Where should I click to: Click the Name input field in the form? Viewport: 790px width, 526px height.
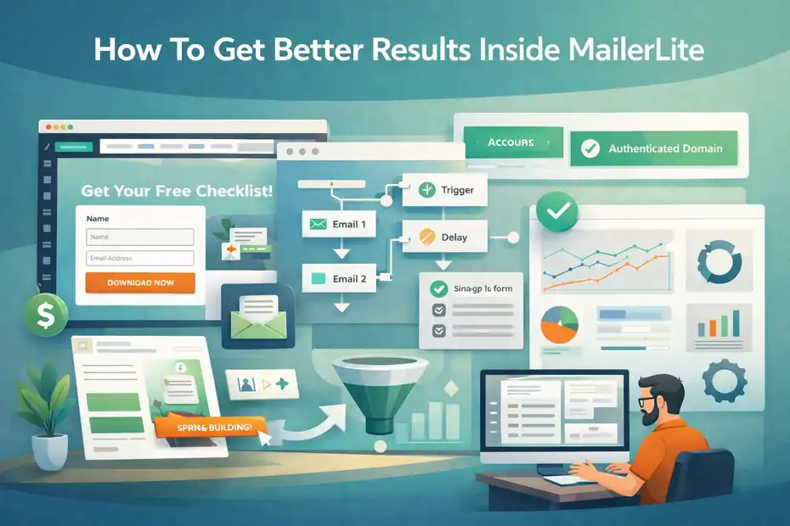140,238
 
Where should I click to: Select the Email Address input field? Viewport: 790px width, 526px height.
140,258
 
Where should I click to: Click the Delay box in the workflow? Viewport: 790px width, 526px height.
444,237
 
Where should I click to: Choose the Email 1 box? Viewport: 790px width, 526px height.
339,225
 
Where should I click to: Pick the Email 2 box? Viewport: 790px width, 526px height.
339,278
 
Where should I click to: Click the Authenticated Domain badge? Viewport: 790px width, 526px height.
653,148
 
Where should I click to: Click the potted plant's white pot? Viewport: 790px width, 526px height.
49,452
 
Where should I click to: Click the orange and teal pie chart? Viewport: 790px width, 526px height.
559,324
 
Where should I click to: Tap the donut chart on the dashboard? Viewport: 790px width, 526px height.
718,256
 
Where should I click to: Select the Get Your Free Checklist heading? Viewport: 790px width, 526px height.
177,191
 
